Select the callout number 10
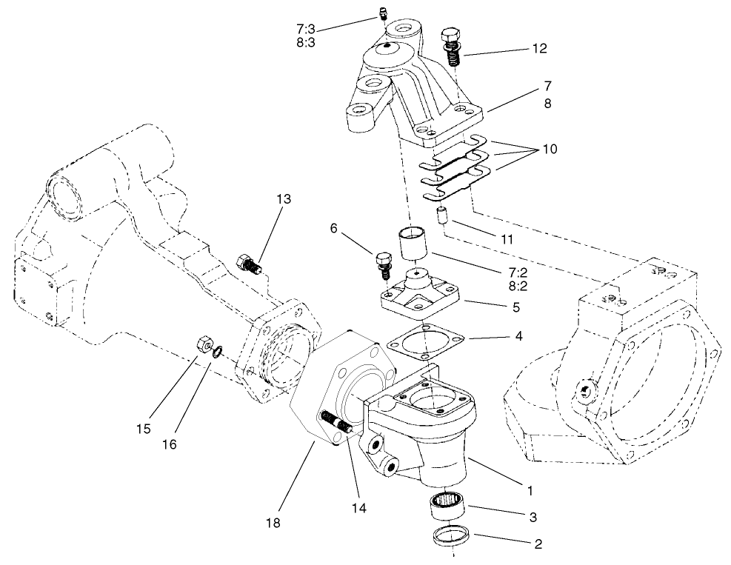[x=549, y=149]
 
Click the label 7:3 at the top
[x=306, y=28]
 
